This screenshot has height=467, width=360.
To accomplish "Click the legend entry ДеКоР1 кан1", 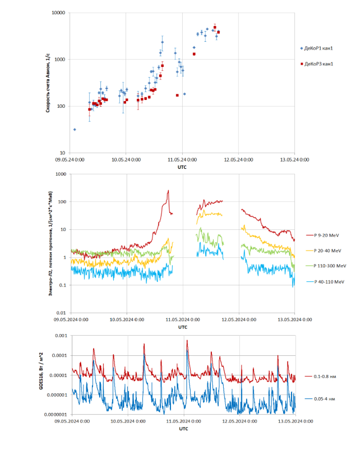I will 319,48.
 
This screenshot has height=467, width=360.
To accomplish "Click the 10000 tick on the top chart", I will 59,13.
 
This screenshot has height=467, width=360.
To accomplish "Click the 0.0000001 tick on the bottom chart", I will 53,414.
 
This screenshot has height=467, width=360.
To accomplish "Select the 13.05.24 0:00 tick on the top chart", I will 294,159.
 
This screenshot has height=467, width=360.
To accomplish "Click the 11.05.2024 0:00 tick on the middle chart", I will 183,319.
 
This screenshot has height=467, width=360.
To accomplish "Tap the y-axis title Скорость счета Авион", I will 48,83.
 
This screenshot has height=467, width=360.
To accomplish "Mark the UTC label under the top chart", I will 183,167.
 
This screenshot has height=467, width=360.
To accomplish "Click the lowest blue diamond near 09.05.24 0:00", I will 75,129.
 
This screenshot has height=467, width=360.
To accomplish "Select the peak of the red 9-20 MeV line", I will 168,190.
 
